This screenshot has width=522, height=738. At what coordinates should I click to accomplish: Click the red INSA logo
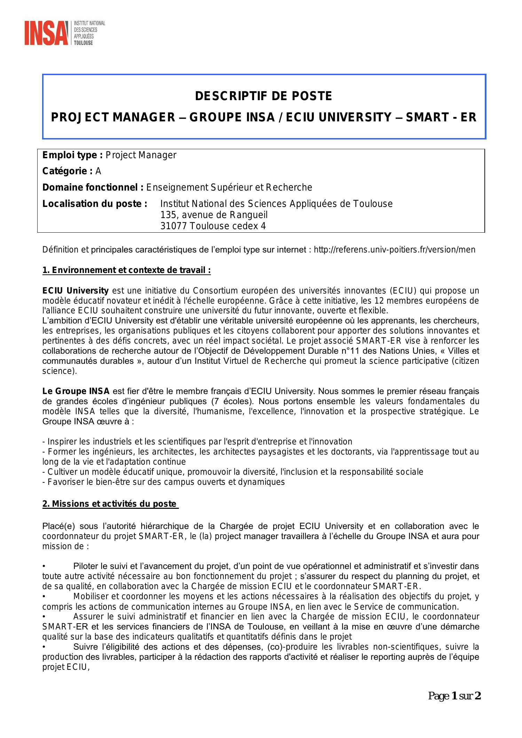pyautogui.click(x=46, y=33)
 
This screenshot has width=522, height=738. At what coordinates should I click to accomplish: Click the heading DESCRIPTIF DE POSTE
pyautogui.click(x=263, y=96)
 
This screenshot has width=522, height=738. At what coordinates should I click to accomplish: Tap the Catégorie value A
pyautogui.click(x=98, y=171)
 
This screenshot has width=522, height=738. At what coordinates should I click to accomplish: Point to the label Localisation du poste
pyautogui.click(x=95, y=204)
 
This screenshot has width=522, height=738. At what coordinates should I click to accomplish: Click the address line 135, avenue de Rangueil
pyautogui.click(x=214, y=215)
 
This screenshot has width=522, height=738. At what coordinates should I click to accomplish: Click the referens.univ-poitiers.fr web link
pyautogui.click(x=394, y=249)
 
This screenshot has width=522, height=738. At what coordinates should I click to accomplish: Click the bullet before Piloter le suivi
pyautogui.click(x=44, y=566)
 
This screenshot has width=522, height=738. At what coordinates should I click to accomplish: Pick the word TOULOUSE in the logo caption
pyautogui.click(x=83, y=43)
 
